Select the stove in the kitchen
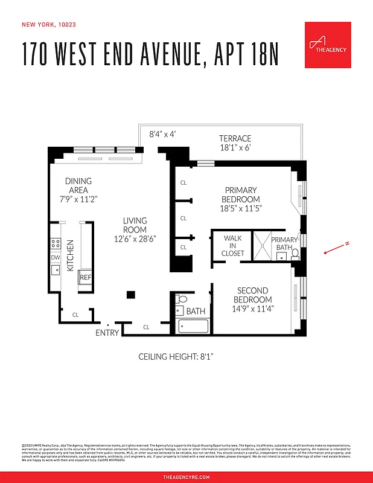click(56, 243)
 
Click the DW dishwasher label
click(56, 257)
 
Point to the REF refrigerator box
click(85, 277)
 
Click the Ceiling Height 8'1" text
click(176, 357)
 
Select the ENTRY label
click(107, 333)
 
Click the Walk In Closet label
click(233, 246)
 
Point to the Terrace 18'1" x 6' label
click(235, 142)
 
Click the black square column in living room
click(130, 294)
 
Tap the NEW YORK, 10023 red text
click(48, 25)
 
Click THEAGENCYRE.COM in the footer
click(186, 477)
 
